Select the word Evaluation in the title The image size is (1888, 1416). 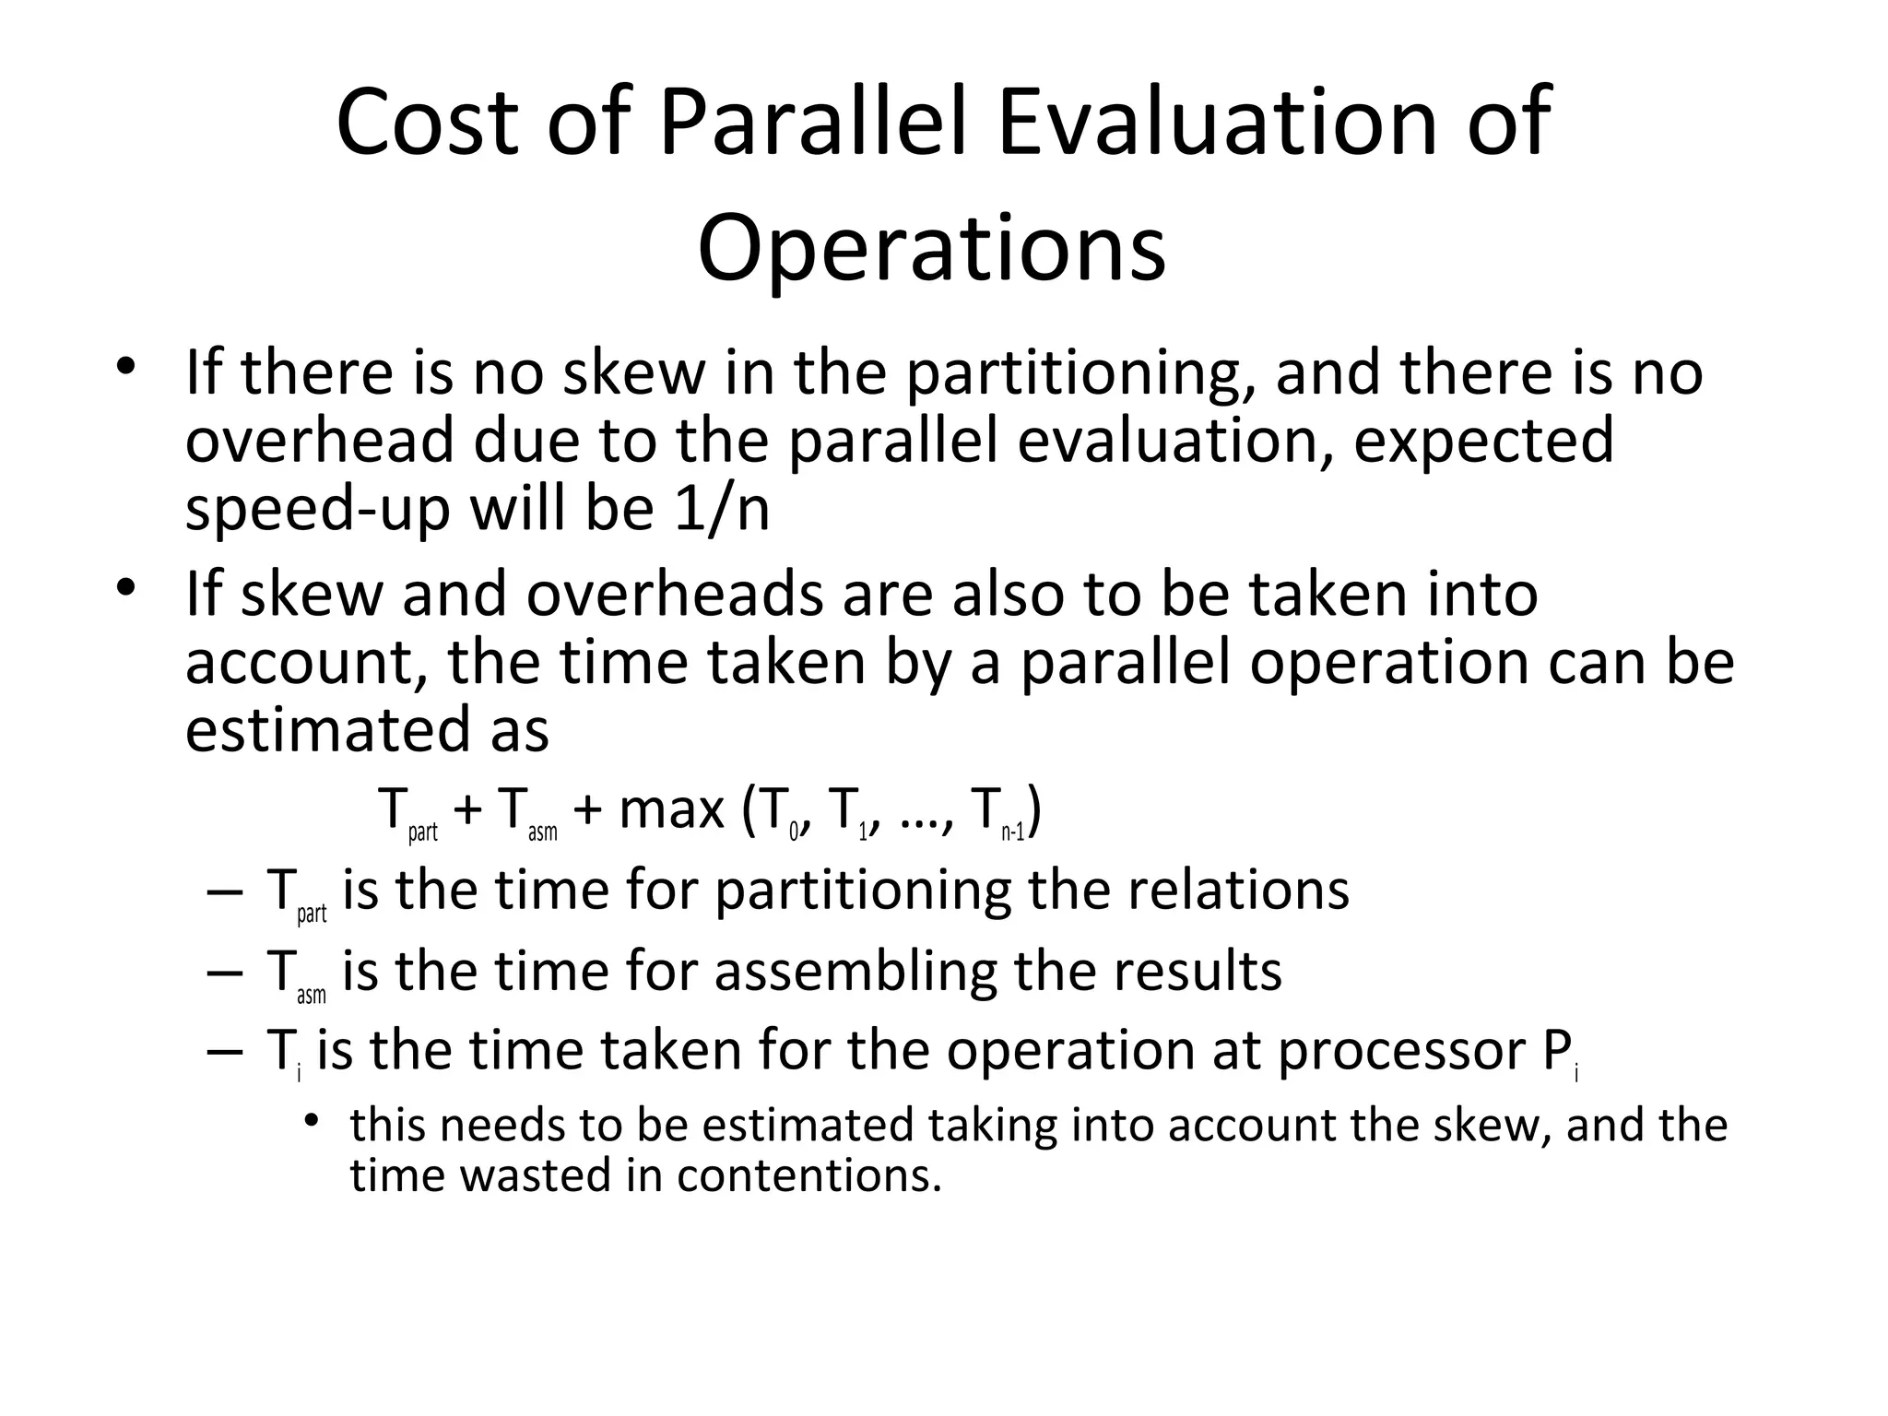coord(1217,122)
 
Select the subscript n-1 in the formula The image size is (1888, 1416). coord(1012,832)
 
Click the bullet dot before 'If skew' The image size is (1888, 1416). coord(126,587)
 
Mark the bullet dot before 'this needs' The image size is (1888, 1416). coord(313,1120)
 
